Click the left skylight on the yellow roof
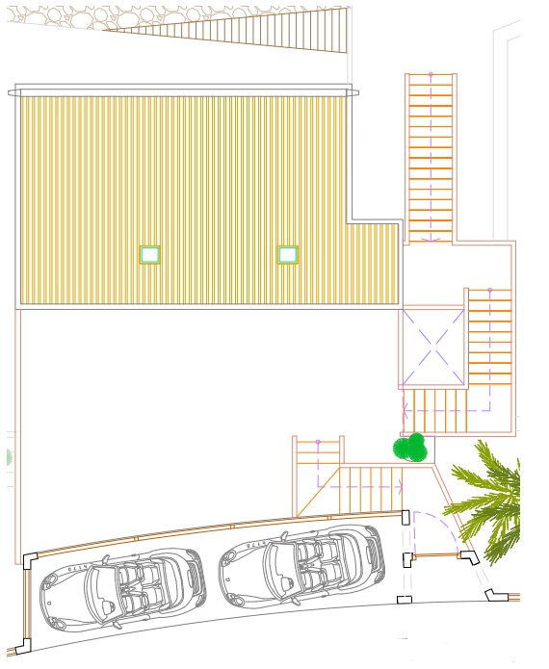tap(149, 254)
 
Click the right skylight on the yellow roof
tap(288, 254)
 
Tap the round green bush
tap(411, 448)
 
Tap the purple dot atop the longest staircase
tap(431, 74)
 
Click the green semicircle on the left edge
tap(5, 456)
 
